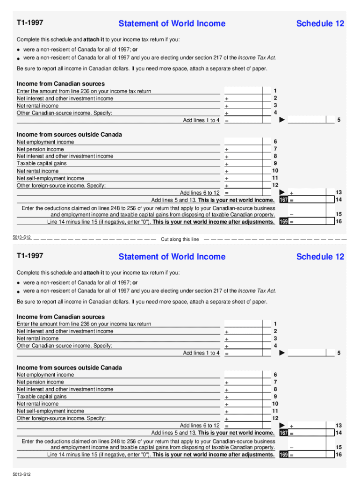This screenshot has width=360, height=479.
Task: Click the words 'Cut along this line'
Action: pos(180,239)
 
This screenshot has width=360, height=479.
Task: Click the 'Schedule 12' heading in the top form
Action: pos(320,23)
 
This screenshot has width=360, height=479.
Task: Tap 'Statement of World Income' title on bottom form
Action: pos(172,256)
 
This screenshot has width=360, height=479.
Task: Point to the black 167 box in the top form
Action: pos(283,200)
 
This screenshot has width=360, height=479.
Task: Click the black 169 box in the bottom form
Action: pos(283,455)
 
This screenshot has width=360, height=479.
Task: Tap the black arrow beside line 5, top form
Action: pos(282,120)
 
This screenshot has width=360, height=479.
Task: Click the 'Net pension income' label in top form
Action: pos(40,149)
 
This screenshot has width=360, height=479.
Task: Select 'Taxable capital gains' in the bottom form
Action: pos(42,396)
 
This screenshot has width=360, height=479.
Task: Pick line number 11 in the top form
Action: pos(275,178)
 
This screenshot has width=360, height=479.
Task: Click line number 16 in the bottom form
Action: pos(339,455)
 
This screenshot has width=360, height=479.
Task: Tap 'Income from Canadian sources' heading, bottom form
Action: pos(61,317)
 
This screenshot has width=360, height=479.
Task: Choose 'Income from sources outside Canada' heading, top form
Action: pos(69,135)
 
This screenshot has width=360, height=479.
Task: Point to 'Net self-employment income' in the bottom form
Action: pos(50,411)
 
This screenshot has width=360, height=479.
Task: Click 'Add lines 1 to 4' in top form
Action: pos(201,120)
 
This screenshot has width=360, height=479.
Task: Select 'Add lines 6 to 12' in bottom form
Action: pos(200,426)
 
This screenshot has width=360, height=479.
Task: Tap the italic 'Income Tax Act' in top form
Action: pos(257,58)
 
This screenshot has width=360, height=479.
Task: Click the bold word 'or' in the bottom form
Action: pos(135,283)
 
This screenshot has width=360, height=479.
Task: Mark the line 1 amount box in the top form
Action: pos(248,91)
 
